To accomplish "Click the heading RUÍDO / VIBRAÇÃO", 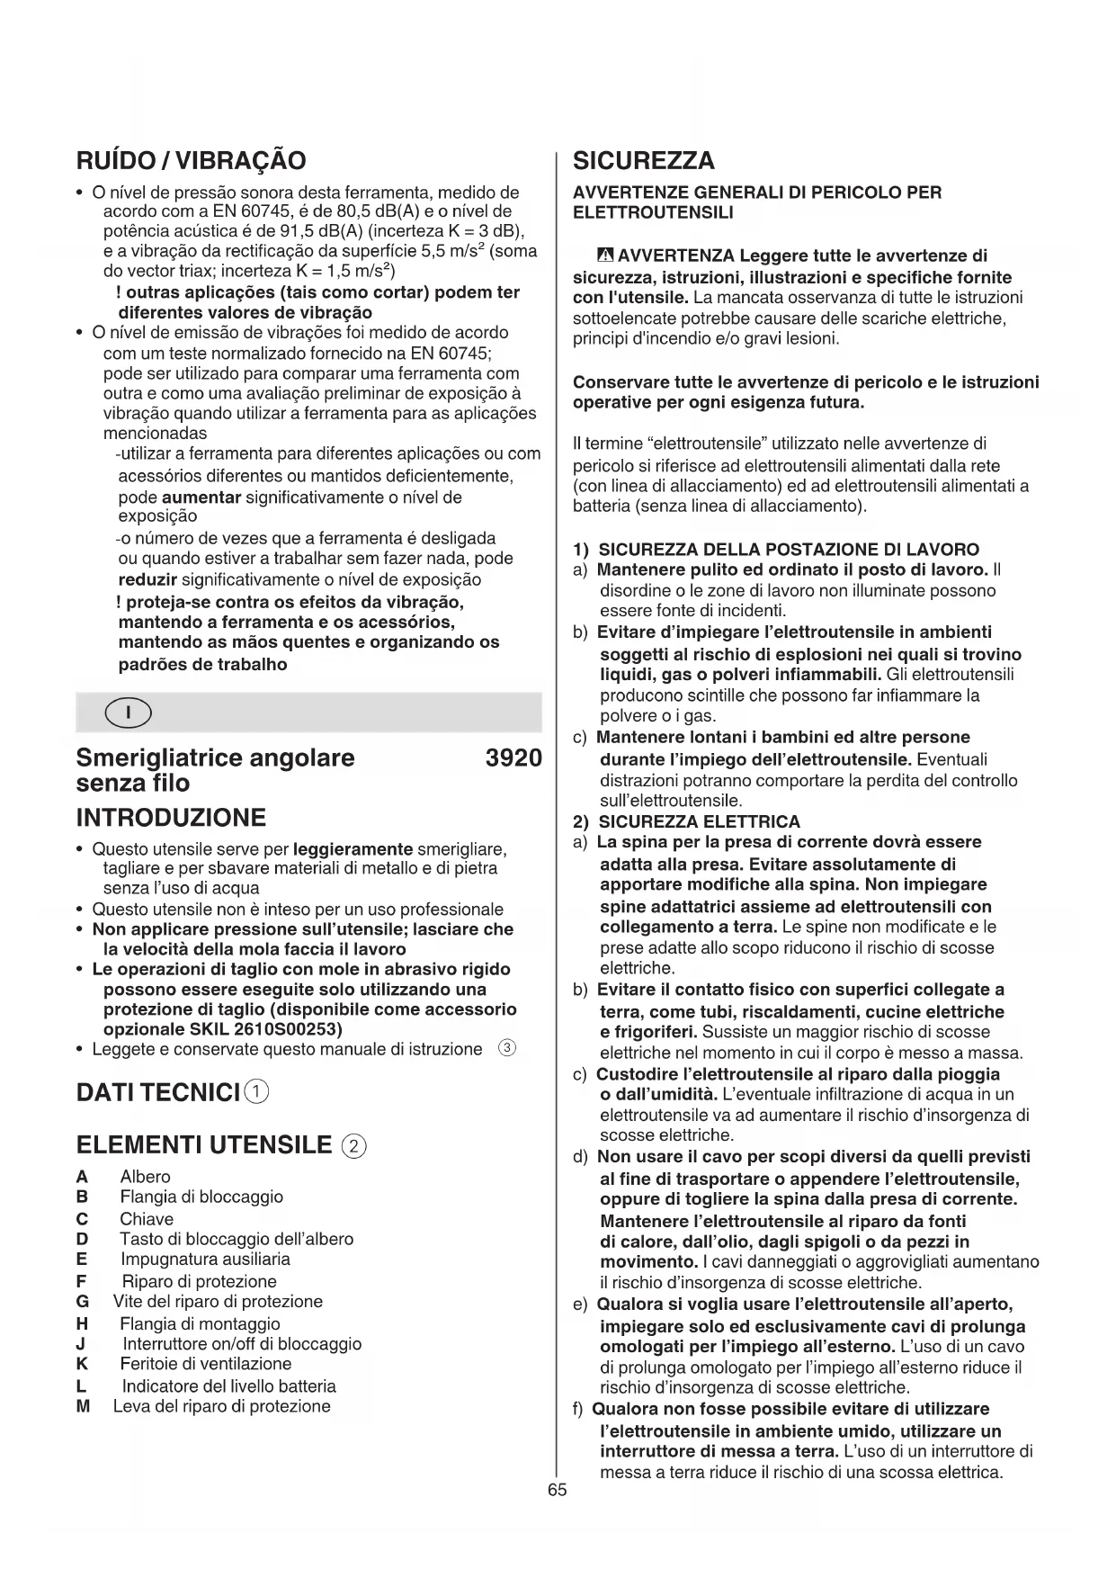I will point(191,161).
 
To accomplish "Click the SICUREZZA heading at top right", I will point(644,161).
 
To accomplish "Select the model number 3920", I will point(513,758).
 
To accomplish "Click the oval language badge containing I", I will point(128,713).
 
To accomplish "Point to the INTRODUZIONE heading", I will point(171,818).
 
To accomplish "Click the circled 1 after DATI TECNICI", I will point(257,1092).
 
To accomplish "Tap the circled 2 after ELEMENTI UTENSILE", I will point(355,1146).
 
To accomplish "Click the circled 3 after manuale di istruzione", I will point(506,1049).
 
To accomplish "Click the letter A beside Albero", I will point(82,1177).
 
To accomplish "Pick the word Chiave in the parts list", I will point(147,1219).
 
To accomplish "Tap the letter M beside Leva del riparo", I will point(84,1406).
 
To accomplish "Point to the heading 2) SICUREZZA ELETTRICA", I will point(686,821).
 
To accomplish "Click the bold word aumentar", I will point(201,498).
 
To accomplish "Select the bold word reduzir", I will point(147,579).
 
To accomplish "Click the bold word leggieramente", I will point(353,849).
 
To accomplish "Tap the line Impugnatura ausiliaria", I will point(205,1260).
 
